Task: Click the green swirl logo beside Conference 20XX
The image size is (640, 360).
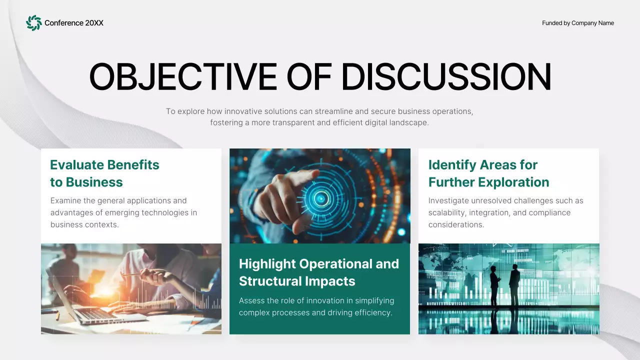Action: [x=33, y=23]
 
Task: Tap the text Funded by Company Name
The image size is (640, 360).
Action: [x=577, y=23]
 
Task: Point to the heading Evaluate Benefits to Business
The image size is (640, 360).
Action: [x=104, y=173]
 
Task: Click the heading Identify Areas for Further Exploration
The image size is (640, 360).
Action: [x=488, y=173]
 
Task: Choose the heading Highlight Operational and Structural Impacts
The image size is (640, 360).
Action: [x=318, y=272]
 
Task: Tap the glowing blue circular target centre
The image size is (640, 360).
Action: [x=320, y=198]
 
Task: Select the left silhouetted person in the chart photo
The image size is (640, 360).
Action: [x=494, y=285]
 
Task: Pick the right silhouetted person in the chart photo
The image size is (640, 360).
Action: [x=514, y=284]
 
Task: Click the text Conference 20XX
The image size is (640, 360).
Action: [x=74, y=23]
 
